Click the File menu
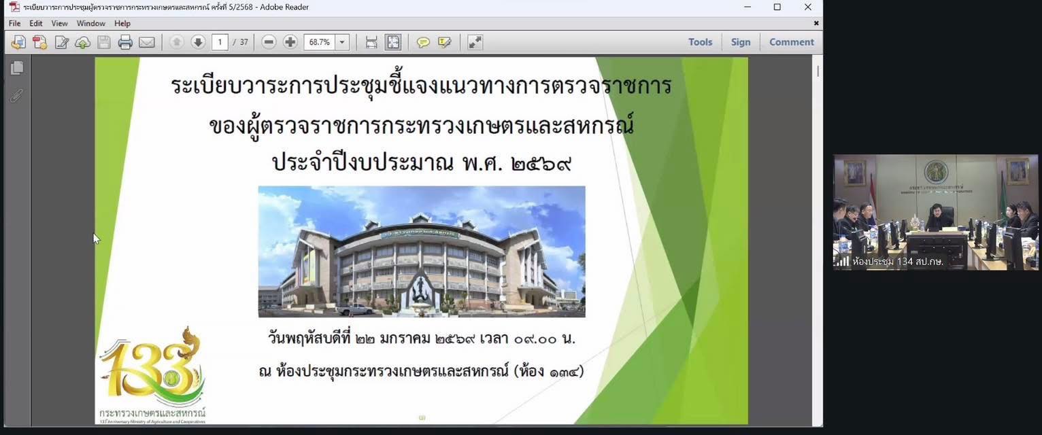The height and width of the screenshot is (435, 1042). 14,23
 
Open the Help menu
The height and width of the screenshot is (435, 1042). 122,23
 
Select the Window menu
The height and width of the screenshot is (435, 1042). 90,23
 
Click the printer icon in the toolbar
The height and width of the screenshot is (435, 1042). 125,42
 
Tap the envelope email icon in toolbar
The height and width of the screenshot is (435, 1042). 147,42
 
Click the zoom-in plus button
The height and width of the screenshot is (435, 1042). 290,42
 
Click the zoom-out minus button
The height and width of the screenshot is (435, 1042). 269,42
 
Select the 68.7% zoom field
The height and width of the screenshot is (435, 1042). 320,42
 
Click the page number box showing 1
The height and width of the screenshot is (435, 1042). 220,42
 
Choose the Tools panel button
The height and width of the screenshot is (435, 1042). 700,42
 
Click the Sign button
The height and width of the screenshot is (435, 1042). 741,42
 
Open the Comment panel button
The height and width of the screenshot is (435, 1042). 791,42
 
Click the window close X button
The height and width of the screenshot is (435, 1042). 808,7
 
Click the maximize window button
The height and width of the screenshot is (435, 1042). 777,7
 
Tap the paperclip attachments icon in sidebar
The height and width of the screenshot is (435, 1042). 17,96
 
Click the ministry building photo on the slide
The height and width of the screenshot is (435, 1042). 422,251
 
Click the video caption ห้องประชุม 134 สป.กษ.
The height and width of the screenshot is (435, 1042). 897,262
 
